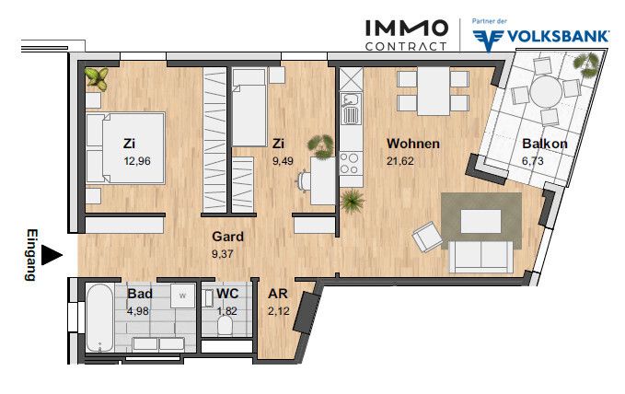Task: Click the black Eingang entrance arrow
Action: click(52, 255)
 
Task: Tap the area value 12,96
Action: click(137, 161)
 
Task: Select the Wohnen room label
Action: click(413, 144)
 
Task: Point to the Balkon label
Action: click(545, 144)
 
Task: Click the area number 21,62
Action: click(400, 161)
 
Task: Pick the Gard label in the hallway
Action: click(227, 237)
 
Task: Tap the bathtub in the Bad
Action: click(99, 317)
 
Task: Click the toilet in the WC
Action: click(226, 328)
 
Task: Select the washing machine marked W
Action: click(183, 295)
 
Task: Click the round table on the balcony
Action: click(546, 91)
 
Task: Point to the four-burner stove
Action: click(352, 164)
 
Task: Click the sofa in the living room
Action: click(480, 257)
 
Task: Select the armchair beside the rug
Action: click(427, 237)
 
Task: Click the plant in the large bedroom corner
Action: click(97, 78)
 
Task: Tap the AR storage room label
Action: click(278, 294)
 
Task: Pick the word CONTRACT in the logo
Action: click(406, 47)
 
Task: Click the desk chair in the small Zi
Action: click(304, 181)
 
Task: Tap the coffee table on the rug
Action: click(481, 221)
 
